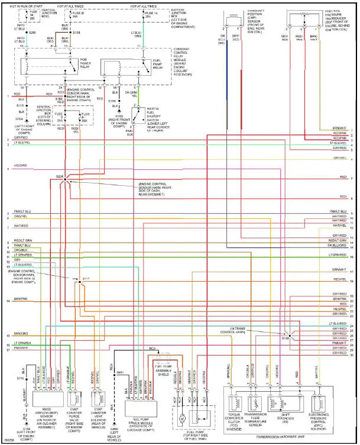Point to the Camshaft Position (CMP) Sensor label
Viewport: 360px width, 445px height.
(x=254, y=22)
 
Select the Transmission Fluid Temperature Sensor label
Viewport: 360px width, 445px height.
(x=257, y=421)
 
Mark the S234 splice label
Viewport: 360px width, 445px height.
(x=60, y=176)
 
